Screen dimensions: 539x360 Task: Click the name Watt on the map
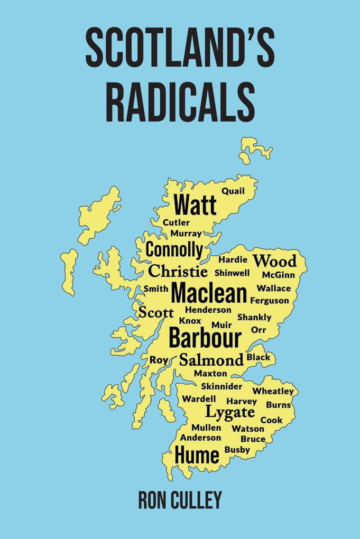click(x=195, y=205)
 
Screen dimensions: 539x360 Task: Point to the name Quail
click(x=233, y=191)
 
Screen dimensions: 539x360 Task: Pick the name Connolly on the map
click(x=174, y=249)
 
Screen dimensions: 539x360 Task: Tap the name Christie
click(x=178, y=272)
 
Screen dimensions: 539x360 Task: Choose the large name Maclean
click(x=209, y=293)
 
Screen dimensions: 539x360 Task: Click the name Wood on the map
click(x=274, y=261)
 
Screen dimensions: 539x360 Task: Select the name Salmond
click(x=211, y=360)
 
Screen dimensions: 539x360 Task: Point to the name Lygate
click(x=230, y=412)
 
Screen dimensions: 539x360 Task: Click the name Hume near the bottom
click(x=197, y=455)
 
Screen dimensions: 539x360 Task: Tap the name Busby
click(x=237, y=450)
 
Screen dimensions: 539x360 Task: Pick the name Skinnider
click(x=221, y=386)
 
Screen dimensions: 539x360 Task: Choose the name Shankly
click(x=254, y=317)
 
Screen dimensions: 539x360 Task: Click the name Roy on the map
click(x=159, y=360)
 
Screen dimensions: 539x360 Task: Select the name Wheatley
click(x=273, y=391)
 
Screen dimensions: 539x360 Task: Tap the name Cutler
click(x=176, y=222)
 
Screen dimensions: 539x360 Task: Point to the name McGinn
click(x=279, y=275)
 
